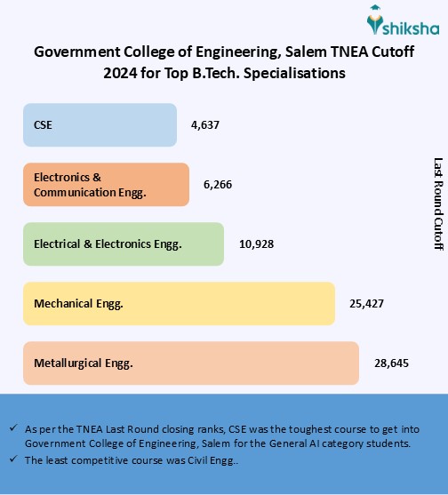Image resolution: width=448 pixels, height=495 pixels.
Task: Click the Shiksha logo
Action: coord(403,20)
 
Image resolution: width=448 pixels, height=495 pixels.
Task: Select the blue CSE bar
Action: coord(100,125)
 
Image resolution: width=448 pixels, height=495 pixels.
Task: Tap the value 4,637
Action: coord(205,125)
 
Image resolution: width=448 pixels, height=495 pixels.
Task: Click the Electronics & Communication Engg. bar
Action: coord(106,185)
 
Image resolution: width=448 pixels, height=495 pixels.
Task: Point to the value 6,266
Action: coord(218,184)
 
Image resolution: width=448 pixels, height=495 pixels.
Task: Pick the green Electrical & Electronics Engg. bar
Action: coord(124,244)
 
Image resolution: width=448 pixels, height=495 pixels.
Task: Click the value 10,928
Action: coord(256,244)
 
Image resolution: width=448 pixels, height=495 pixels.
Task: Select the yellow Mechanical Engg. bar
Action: coord(179,304)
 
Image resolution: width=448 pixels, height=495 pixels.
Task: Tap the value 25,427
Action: coord(366,304)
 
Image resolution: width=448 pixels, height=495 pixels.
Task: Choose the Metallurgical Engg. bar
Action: coord(191,363)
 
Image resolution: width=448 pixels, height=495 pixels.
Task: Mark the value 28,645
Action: coord(391,363)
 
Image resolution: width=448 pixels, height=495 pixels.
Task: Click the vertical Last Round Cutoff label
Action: coord(438,204)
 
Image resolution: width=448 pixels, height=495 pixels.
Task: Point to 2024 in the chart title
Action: coord(120,73)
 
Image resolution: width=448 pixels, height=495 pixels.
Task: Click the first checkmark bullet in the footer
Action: coord(13,428)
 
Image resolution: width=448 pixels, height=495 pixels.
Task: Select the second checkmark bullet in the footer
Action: coord(13,459)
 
